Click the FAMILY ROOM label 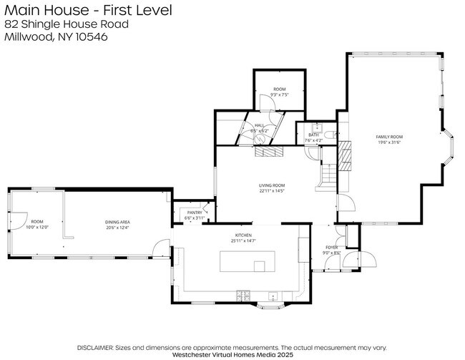(391, 136)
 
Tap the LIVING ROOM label (272, 185)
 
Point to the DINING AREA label (117, 222)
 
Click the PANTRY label (194, 213)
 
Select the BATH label (313, 135)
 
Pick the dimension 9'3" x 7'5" (279, 94)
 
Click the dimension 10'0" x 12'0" (37, 227)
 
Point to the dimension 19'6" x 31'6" (391, 141)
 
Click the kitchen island (242, 262)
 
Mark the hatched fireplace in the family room (346, 155)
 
